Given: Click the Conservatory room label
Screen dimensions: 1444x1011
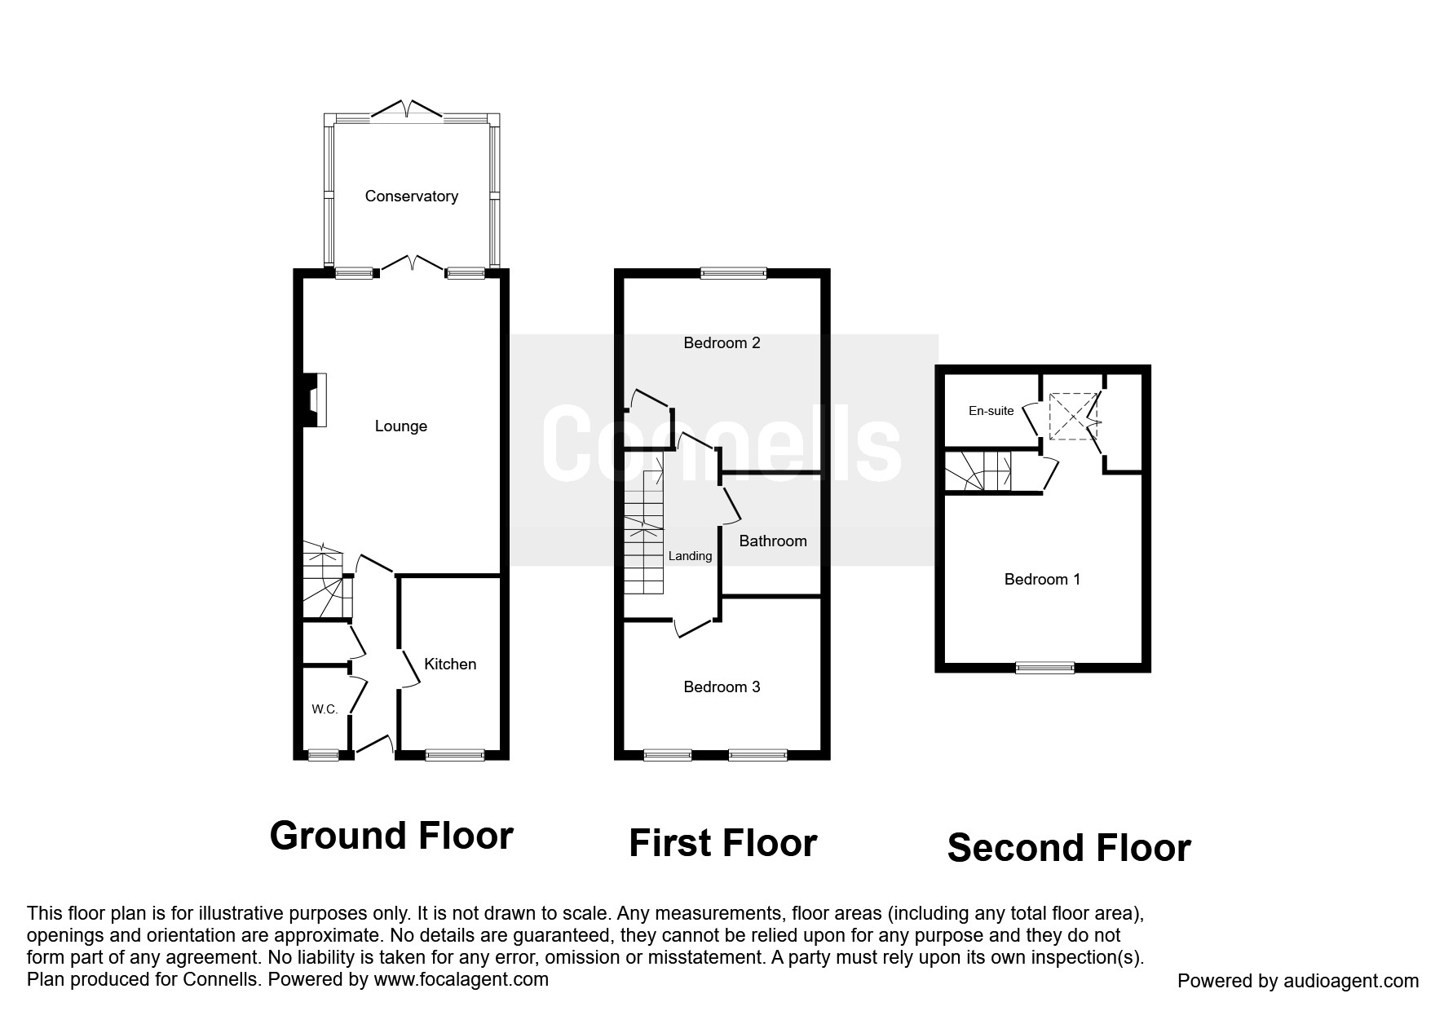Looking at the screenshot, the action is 411,196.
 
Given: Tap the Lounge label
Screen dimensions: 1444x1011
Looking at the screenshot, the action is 401,426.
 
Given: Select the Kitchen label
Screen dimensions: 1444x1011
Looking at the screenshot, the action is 450,664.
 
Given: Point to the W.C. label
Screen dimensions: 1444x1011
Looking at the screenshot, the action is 325,709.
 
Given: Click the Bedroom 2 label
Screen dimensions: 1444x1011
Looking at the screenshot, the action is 722,343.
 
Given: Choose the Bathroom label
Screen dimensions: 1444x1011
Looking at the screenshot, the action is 773,541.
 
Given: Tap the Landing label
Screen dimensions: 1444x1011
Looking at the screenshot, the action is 690,557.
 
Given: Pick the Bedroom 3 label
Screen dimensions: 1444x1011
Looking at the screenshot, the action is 722,687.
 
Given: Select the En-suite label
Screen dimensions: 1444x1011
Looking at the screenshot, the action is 991,411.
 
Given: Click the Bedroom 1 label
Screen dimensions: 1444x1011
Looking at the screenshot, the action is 1042,580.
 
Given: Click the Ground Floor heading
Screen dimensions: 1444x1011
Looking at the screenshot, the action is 391,836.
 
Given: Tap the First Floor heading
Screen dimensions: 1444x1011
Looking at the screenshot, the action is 722,843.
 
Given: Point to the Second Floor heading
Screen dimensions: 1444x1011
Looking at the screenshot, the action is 1069,848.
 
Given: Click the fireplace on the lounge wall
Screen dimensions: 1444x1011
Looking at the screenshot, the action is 316,400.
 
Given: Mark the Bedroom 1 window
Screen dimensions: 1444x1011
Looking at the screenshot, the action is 1044,668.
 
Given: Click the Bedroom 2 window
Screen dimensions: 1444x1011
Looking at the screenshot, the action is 734,274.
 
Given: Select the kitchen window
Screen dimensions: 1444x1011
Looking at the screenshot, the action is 454,755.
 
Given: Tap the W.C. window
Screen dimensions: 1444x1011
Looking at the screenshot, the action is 323,755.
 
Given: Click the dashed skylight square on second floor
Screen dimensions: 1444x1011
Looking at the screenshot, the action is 1073,416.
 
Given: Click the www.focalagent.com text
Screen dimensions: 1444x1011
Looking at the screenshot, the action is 461,979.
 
